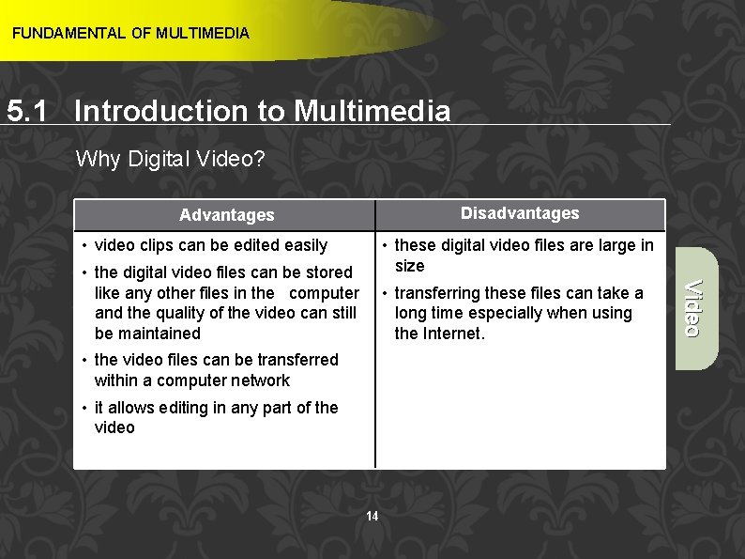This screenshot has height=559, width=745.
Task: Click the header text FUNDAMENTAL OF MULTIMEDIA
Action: pos(130,34)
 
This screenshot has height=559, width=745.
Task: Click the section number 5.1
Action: pos(28,112)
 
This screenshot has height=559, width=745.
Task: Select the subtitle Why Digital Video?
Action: pos(171,160)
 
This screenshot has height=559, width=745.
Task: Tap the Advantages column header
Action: pos(226,215)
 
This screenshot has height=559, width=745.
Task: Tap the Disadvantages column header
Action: pos(520,213)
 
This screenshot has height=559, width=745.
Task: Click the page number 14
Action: pos(372,516)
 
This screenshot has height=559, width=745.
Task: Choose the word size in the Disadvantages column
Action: pos(409,266)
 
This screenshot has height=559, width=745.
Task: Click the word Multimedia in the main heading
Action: pos(372,112)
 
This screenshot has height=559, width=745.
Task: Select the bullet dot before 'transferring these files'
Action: pos(385,293)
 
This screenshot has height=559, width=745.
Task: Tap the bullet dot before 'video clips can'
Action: pos(84,246)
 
